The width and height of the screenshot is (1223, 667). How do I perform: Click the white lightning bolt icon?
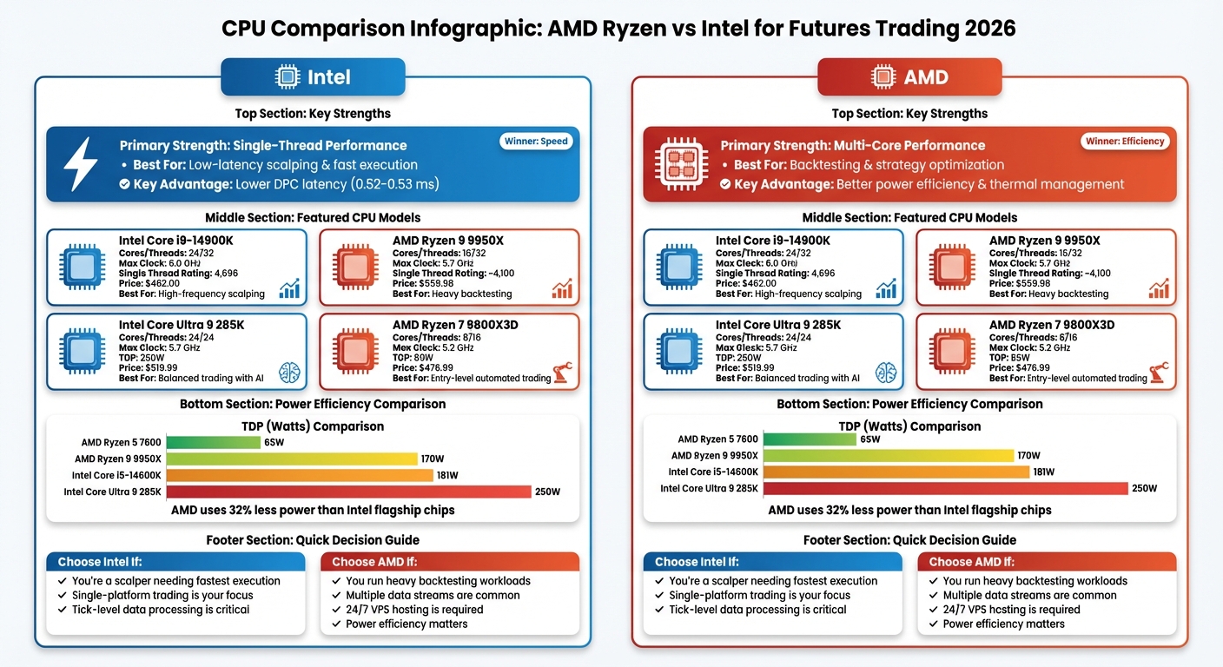tap(81, 164)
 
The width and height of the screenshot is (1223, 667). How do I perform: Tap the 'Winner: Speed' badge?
tap(537, 142)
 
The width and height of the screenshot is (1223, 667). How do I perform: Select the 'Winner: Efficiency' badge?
tap(1124, 142)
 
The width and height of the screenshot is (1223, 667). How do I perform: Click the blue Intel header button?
tap(313, 77)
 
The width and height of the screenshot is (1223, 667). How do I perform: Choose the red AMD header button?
tap(909, 77)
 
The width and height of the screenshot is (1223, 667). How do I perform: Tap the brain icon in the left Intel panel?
tap(288, 373)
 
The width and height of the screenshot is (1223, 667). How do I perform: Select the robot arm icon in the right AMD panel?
tap(1159, 373)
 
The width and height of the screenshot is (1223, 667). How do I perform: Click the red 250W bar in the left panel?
tap(347, 492)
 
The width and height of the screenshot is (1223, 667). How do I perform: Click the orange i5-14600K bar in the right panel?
tap(896, 472)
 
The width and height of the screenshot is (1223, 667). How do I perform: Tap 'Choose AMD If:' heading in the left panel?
tap(374, 562)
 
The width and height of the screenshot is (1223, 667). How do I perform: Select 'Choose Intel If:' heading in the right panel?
tap(697, 562)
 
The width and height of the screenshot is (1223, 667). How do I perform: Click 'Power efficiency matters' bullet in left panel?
tap(407, 624)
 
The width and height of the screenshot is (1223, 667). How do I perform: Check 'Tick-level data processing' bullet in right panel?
tap(757, 610)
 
